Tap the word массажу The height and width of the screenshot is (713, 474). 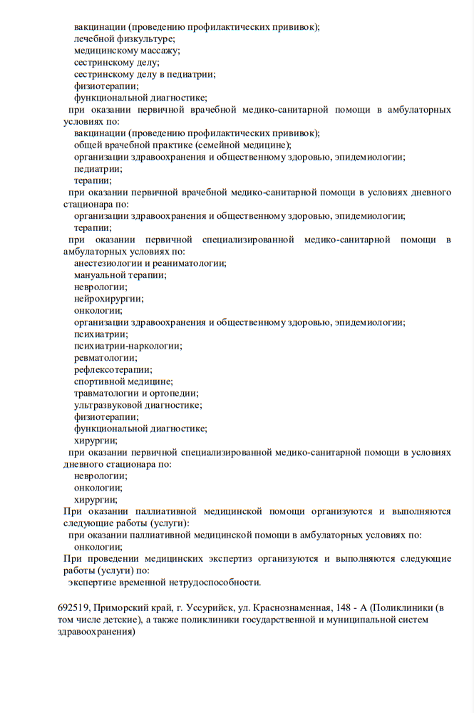click(159, 51)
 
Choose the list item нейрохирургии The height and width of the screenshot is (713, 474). click(108, 299)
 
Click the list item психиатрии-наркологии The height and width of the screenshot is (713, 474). click(128, 346)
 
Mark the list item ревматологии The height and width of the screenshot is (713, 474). click(105, 358)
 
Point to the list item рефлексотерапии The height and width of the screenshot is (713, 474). click(113, 369)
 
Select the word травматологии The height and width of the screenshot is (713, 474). click(105, 393)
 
